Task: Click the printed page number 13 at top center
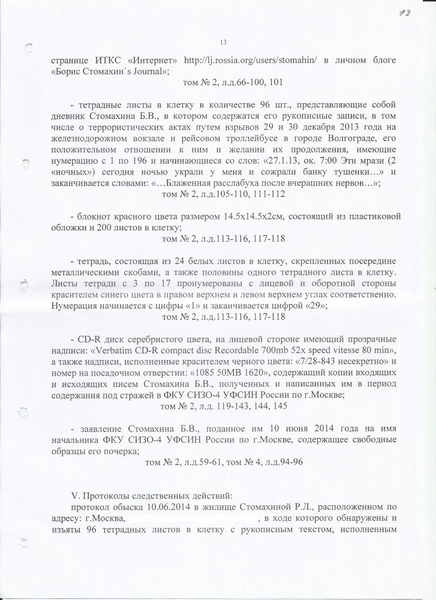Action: (222, 41)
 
